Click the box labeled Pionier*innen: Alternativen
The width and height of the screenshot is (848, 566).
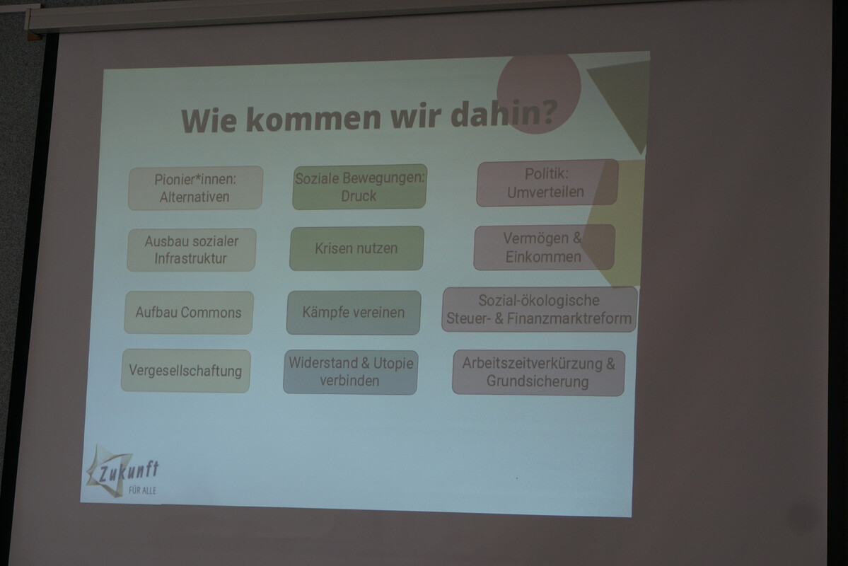click(195, 187)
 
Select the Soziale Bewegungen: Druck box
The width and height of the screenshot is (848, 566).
click(359, 187)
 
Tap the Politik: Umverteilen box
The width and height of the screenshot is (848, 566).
click(547, 183)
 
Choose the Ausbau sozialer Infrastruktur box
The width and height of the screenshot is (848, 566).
click(192, 250)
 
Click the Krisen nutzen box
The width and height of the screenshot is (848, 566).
click(356, 248)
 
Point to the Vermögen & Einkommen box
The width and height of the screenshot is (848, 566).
click(544, 248)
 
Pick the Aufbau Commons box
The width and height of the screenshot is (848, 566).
click(189, 312)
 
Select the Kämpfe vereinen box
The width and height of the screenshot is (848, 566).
click(353, 312)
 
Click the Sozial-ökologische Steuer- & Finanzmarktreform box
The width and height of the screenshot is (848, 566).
click(539, 309)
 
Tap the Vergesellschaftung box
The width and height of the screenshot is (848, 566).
click(185, 371)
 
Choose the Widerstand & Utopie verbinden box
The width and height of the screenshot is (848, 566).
click(351, 371)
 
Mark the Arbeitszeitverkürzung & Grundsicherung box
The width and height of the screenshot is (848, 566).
click(538, 373)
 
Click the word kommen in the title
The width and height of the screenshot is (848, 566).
click(313, 118)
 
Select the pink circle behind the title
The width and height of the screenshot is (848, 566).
click(539, 91)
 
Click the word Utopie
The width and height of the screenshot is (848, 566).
click(393, 362)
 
